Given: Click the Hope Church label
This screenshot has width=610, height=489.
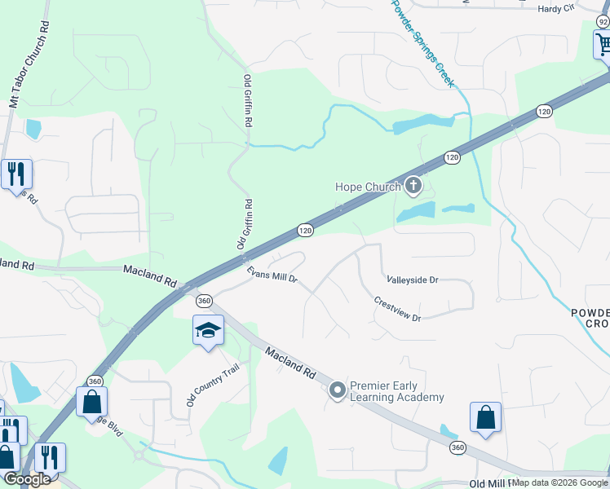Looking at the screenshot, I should pyautogui.click(x=368, y=187).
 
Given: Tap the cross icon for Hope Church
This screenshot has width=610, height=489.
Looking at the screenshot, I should pyautogui.click(x=413, y=187).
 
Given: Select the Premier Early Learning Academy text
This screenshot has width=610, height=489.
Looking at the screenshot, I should pyautogui.click(x=397, y=391).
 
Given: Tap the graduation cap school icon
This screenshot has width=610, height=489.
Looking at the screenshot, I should pyautogui.click(x=208, y=331).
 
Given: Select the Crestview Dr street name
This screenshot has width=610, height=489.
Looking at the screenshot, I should pyautogui.click(x=397, y=307).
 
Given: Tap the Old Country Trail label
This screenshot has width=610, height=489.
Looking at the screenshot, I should pyautogui.click(x=201, y=385).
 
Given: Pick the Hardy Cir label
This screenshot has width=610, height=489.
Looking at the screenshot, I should pyautogui.click(x=556, y=9).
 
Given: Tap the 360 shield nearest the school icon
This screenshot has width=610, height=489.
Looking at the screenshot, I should pyautogui.click(x=204, y=301).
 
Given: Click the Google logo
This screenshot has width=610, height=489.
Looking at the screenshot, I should pyautogui.click(x=27, y=479).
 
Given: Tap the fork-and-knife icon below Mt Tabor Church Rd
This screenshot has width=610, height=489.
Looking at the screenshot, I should pyautogui.click(x=15, y=174).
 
